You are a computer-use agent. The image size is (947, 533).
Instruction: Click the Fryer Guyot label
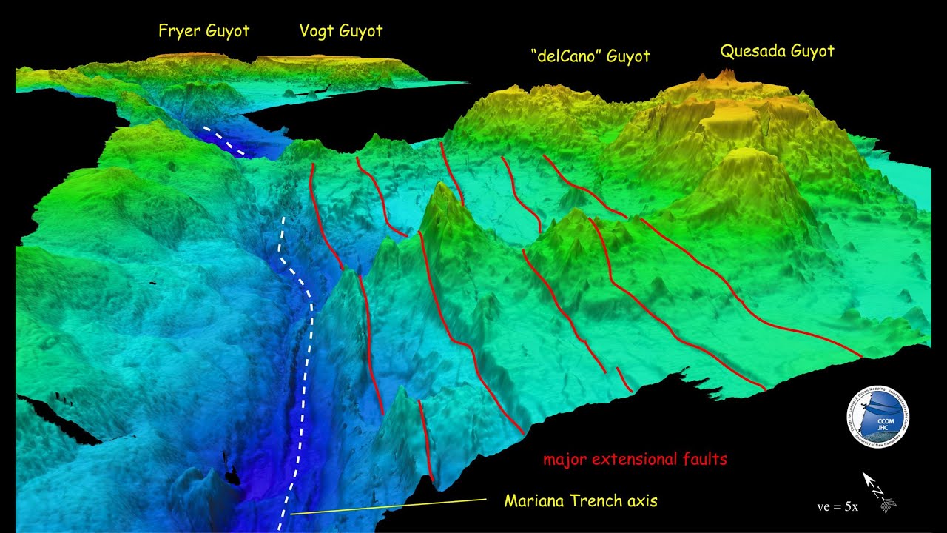203,31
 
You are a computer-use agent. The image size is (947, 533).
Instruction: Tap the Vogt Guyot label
340,31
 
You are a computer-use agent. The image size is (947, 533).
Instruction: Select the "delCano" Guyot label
590,56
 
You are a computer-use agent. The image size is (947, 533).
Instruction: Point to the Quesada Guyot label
777,51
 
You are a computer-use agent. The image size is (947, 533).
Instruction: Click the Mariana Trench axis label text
580,501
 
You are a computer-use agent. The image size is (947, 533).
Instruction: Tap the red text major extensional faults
635,460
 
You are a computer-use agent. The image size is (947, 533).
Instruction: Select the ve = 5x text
837,507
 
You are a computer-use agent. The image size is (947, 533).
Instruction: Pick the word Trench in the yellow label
596,501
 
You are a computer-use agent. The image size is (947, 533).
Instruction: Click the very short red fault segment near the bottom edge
624,380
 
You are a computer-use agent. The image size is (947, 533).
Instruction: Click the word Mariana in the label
534,501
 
